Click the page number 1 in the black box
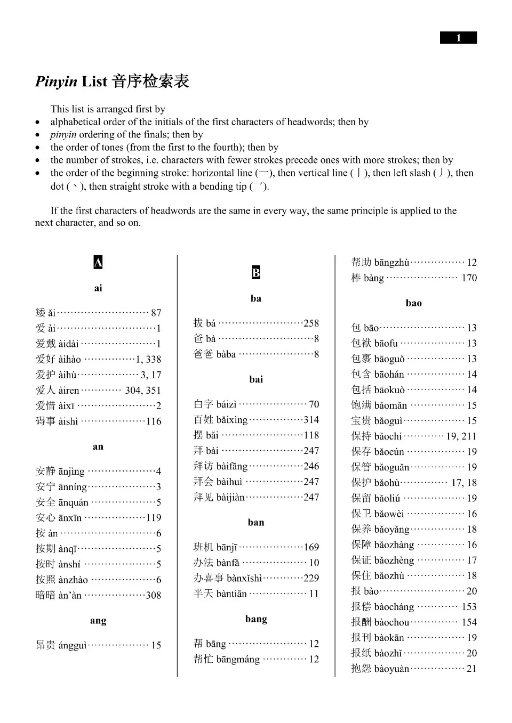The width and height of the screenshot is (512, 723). coord(458,38)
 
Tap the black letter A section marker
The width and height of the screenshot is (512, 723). coord(98,262)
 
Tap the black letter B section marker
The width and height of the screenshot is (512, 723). coord(256,273)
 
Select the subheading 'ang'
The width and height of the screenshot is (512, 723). coord(98,620)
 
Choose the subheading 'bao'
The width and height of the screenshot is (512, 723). coord(413,303)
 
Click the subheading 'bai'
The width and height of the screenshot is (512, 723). coord(256,379)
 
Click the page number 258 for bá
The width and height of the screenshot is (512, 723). coord(311,323)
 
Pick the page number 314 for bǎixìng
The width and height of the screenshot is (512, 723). coord(311,419)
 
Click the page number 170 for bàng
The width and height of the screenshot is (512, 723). coord(469,278)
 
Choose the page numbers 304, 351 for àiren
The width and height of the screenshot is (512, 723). coord(143,390)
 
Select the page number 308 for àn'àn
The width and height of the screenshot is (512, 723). coord(154,595)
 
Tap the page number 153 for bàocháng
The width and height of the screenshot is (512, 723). coord(469,606)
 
